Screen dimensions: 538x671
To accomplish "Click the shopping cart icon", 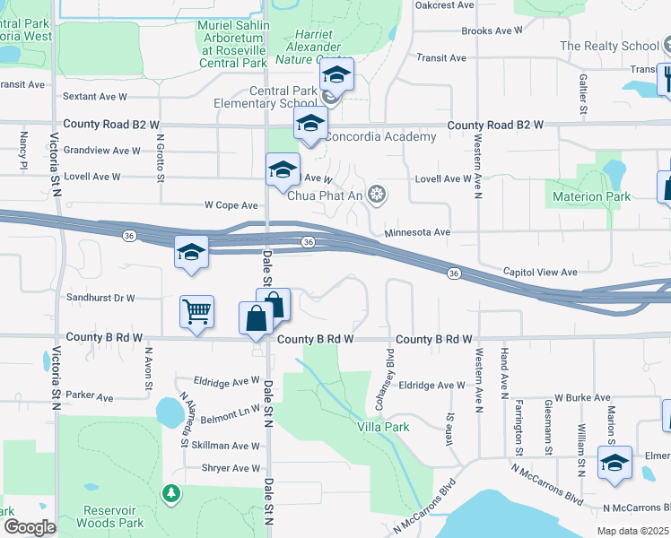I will click(196, 312).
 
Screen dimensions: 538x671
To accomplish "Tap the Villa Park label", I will click(385, 427).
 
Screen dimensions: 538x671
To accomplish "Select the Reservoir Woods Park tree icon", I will click(170, 492).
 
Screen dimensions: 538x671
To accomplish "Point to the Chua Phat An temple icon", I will click(379, 193).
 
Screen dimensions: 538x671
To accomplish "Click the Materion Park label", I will click(589, 196).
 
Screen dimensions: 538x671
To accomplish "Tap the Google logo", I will click(29, 527).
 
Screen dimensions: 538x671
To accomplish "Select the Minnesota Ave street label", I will click(416, 232).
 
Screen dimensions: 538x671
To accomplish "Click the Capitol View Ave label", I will click(540, 272).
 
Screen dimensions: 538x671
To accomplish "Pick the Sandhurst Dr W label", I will click(100, 298).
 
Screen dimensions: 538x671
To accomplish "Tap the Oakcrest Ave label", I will click(444, 4).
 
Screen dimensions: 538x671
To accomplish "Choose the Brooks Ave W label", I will click(492, 30).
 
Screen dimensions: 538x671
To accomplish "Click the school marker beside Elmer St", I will click(614, 464).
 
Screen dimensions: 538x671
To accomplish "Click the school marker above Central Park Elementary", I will click(336, 76).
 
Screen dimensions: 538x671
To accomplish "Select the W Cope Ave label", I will click(231, 205).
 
